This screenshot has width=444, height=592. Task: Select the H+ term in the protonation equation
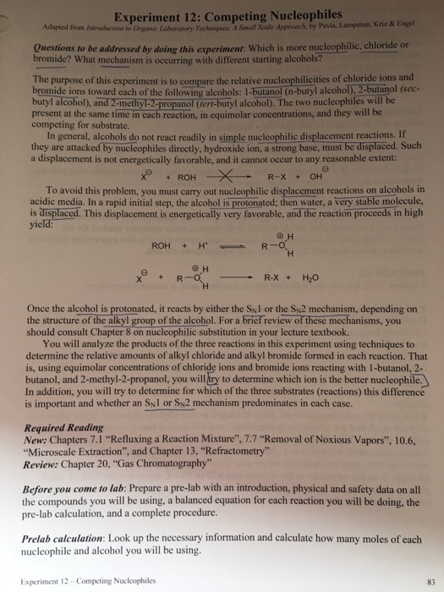(204, 245)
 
